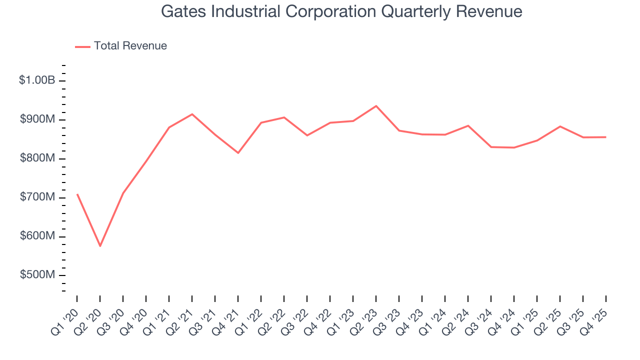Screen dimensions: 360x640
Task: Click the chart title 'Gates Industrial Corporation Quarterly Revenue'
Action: [x=341, y=11]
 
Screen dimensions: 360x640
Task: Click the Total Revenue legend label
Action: [x=130, y=46]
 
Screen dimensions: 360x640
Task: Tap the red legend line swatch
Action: [x=82, y=46]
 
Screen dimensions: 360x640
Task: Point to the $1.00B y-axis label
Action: [x=36, y=80]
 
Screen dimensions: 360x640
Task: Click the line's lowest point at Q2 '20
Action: [x=100, y=246]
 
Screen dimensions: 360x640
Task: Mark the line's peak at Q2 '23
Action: [x=376, y=106]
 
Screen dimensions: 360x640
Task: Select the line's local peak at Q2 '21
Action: [x=192, y=114]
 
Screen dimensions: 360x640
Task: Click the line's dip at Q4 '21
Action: [x=238, y=153]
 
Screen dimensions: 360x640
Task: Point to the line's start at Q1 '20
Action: [x=77, y=194]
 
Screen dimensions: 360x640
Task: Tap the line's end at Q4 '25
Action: [x=606, y=137]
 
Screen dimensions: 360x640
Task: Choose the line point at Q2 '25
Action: [x=560, y=126]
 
